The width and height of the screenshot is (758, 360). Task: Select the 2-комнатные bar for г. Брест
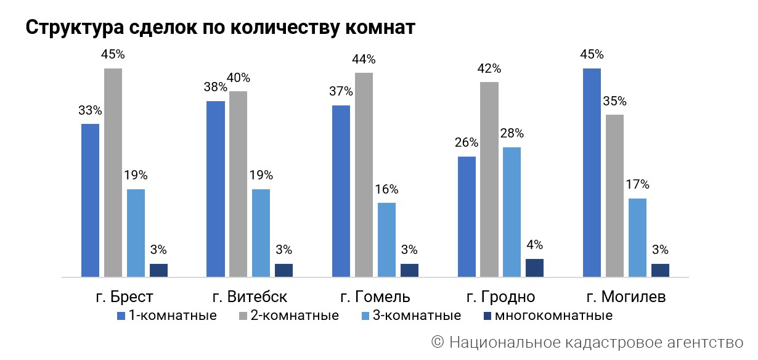[x=113, y=172]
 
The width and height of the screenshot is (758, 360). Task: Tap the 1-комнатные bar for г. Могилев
[x=592, y=172]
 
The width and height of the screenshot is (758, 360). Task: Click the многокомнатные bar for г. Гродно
[x=534, y=268]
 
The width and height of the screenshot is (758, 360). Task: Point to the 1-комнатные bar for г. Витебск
[x=216, y=189]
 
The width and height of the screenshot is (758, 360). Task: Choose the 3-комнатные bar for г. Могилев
[x=637, y=237]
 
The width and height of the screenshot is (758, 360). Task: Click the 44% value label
[x=364, y=60]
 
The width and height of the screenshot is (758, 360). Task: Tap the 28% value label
[x=511, y=134]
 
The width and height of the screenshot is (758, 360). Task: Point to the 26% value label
[x=467, y=143]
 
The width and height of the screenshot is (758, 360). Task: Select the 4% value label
[x=534, y=245]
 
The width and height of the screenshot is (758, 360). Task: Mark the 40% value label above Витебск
[x=238, y=78]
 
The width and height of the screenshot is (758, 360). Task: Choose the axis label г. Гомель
[x=375, y=297]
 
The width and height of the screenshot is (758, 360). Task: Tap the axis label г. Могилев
[x=626, y=297]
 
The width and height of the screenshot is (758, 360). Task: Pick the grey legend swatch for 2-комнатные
[x=242, y=316]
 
